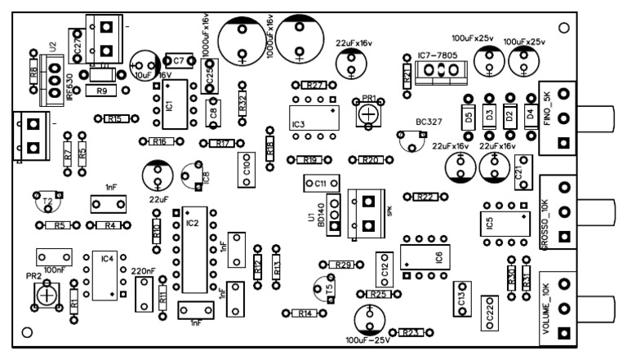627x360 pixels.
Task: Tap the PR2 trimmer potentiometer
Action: (x=50, y=292)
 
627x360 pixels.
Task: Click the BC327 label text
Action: (x=429, y=121)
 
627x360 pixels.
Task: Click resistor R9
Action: (x=103, y=91)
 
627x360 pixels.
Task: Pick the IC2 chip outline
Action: (x=193, y=249)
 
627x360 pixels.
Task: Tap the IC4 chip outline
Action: (x=104, y=273)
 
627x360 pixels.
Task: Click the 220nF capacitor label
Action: (x=143, y=271)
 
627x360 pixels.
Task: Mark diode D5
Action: (x=469, y=117)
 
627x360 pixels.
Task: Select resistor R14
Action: (x=305, y=313)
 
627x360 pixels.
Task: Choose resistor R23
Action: (x=411, y=333)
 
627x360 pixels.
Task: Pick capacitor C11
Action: (x=319, y=184)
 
